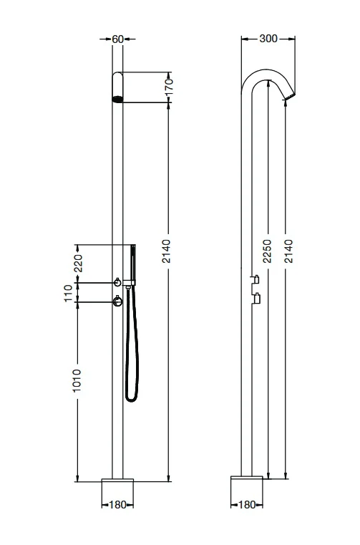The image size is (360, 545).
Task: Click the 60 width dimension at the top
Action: (x=118, y=39)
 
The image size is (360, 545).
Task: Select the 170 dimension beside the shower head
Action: (x=170, y=87)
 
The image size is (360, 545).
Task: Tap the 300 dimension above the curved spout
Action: (x=269, y=39)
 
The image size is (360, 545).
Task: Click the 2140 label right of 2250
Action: (x=288, y=252)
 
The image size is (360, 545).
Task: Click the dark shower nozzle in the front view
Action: (x=118, y=100)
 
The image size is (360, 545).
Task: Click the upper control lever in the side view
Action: (x=253, y=279)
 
